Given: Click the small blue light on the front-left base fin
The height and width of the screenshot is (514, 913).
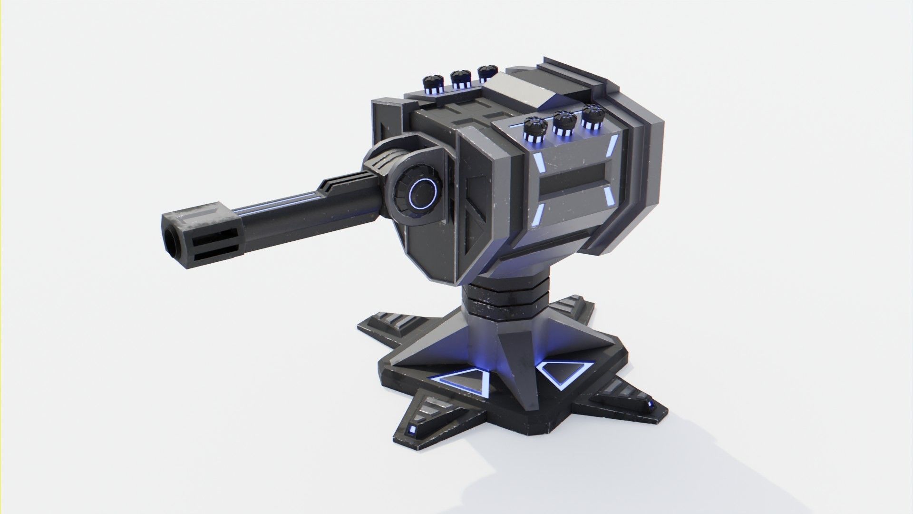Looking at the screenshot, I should tap(412, 432).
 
